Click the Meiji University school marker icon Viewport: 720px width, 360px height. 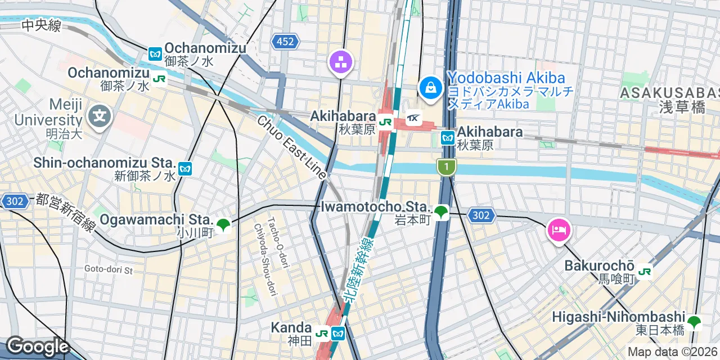point(100,118)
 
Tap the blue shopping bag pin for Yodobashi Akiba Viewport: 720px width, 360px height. point(430,88)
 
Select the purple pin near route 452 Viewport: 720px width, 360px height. point(340,63)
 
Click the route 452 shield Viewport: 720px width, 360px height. point(285,41)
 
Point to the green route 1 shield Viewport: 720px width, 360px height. point(446,166)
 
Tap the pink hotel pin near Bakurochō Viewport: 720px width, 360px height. point(559,230)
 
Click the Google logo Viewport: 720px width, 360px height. point(37,346)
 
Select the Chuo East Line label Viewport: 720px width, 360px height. point(291,147)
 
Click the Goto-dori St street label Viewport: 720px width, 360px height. point(109,270)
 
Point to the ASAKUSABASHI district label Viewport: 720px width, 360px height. point(669,93)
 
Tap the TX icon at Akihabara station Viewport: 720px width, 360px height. point(414,118)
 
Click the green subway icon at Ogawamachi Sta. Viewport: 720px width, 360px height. point(223,225)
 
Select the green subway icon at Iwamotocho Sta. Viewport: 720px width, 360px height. point(442,212)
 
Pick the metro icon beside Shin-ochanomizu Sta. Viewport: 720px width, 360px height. point(184,168)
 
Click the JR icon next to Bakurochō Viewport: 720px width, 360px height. point(645,271)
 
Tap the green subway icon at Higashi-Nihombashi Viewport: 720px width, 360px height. point(694,323)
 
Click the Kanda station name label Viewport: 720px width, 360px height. point(291,327)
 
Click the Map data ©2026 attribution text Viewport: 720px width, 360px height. point(673,352)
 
